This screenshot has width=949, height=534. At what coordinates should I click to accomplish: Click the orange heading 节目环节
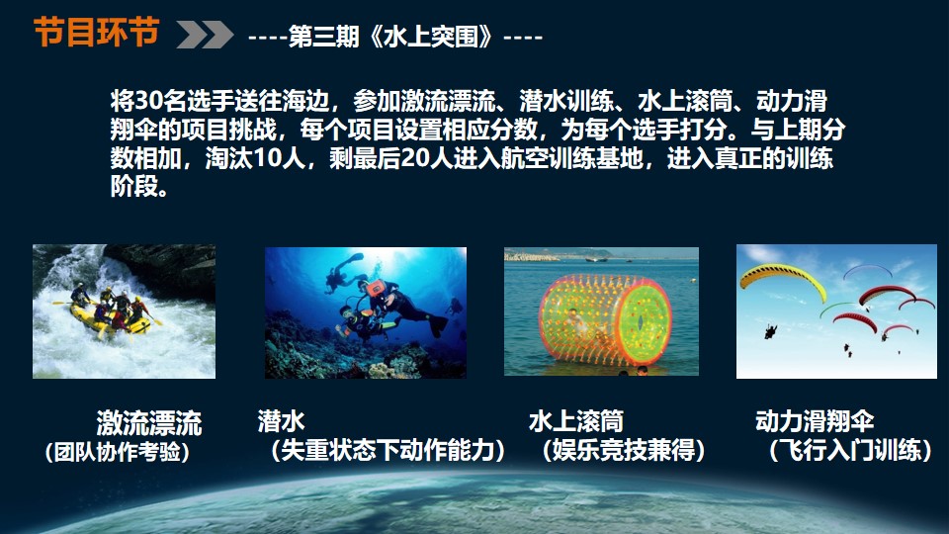pyautogui.click(x=96, y=32)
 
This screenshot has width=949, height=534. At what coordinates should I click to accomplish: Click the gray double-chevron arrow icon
pyautogui.click(x=206, y=34)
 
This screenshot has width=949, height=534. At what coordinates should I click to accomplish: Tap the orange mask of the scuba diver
pyautogui.click(x=377, y=287)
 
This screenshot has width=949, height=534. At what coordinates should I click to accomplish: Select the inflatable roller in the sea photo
pyautogui.click(x=604, y=319)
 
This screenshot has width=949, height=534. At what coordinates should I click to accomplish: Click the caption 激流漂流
pyautogui.click(x=149, y=422)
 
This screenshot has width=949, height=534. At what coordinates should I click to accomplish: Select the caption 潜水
pyautogui.click(x=282, y=421)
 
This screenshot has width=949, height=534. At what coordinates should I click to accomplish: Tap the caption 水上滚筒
pyautogui.click(x=576, y=421)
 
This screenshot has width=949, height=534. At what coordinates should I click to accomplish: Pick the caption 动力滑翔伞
pyautogui.click(x=815, y=421)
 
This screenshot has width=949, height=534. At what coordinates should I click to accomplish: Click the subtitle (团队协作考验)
pyautogui.click(x=118, y=452)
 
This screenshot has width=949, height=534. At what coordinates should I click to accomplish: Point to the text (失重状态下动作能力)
pyautogui.click(x=388, y=450)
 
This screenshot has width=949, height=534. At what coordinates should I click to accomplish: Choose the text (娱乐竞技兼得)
pyautogui.click(x=624, y=450)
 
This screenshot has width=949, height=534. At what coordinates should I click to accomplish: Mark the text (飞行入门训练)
pyautogui.click(x=850, y=450)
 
